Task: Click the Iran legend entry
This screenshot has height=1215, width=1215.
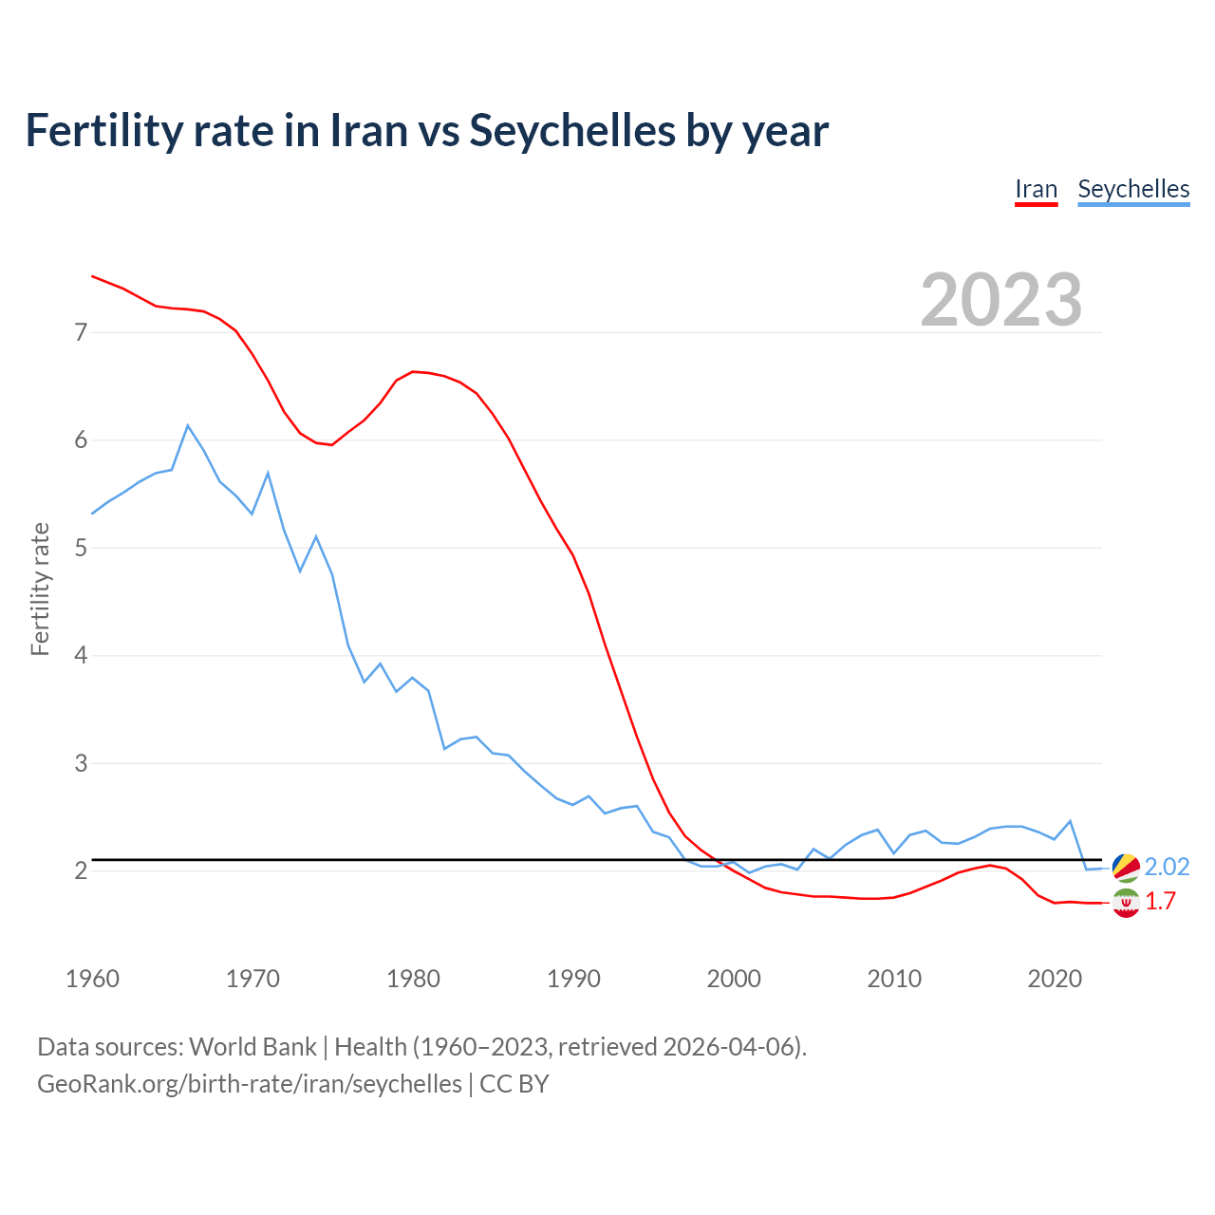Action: (1036, 189)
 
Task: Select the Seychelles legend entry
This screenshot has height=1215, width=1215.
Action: (1133, 189)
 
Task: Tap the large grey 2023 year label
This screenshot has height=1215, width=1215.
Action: (1001, 300)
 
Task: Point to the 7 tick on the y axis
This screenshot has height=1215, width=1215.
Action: (81, 332)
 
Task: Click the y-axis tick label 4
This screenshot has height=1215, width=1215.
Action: (81, 655)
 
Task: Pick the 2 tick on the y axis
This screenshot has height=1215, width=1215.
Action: (81, 870)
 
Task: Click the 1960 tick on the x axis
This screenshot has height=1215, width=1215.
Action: (92, 979)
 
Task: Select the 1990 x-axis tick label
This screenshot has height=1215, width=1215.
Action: (573, 979)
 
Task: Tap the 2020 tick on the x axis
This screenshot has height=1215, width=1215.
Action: (1055, 979)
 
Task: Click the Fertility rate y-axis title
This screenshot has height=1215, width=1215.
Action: (40, 589)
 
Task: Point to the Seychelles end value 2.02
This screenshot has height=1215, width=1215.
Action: (1167, 867)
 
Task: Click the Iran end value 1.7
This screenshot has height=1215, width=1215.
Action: (1160, 902)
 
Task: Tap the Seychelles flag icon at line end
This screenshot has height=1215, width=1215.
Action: (1126, 867)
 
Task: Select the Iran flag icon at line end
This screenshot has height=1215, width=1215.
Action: (1126, 904)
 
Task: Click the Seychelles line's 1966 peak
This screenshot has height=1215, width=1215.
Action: (188, 425)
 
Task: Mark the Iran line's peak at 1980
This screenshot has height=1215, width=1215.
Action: (413, 371)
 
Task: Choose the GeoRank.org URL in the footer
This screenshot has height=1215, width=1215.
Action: (250, 1083)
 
